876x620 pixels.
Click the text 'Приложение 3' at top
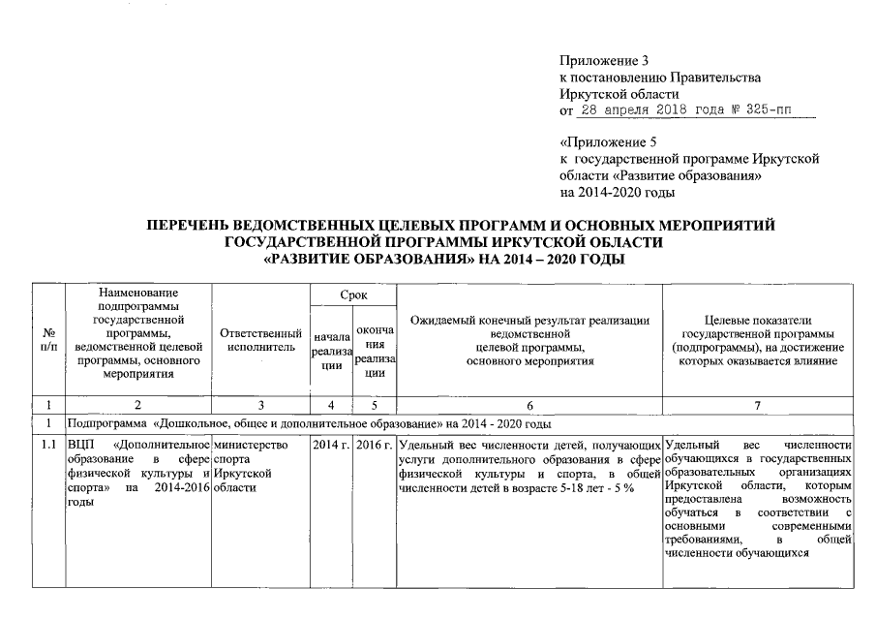click(599, 61)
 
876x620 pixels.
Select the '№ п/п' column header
click(47, 340)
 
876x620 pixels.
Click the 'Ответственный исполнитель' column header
click(256, 340)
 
